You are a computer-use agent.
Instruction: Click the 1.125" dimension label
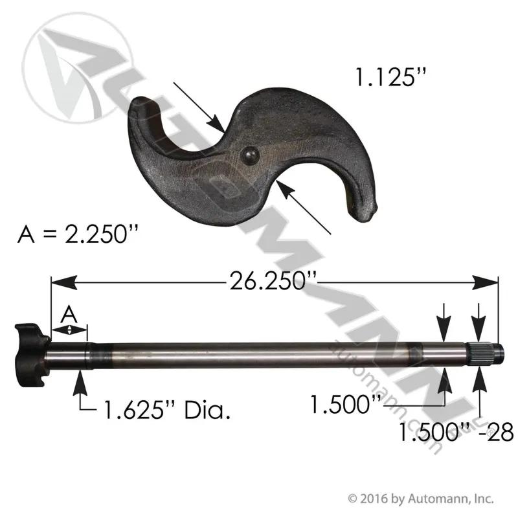pyautogui.click(x=391, y=77)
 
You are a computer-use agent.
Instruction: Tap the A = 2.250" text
pyautogui.click(x=78, y=234)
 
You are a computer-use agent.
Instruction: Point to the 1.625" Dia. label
pyautogui.click(x=167, y=410)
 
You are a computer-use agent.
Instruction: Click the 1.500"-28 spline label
pyautogui.click(x=456, y=432)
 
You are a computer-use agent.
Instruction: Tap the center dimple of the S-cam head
pyautogui.click(x=250, y=155)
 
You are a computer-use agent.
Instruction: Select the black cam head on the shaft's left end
pyautogui.click(x=31, y=355)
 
